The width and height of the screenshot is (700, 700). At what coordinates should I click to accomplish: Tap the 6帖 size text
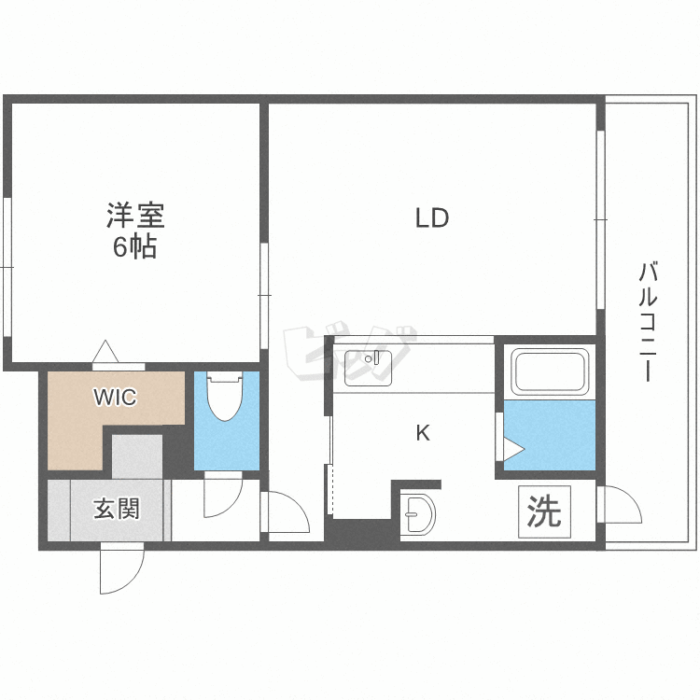pyautogui.click(x=134, y=248)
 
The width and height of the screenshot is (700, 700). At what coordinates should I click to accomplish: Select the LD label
pyautogui.click(x=432, y=218)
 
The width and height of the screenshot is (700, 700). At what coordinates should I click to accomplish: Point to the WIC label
pyautogui.click(x=114, y=398)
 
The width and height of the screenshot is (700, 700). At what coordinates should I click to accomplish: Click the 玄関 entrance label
pyautogui.click(x=116, y=510)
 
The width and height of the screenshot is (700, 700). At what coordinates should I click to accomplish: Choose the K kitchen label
pyautogui.click(x=422, y=433)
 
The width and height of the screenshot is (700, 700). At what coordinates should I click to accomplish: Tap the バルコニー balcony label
pyautogui.click(x=649, y=322)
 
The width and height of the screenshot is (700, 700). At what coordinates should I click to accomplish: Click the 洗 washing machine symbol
pyautogui.click(x=544, y=511)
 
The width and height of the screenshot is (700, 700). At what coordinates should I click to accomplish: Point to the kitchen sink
pyautogui.click(x=370, y=368)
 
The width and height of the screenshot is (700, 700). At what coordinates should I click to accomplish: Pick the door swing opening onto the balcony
pyautogui.click(x=621, y=509)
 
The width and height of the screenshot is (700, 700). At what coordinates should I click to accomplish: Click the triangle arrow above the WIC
pyautogui.click(x=105, y=353)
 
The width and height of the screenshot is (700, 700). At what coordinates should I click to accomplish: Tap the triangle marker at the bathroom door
pyautogui.click(x=513, y=450)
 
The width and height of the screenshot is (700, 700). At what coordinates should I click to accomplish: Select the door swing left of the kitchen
pyautogui.click(x=287, y=514)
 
